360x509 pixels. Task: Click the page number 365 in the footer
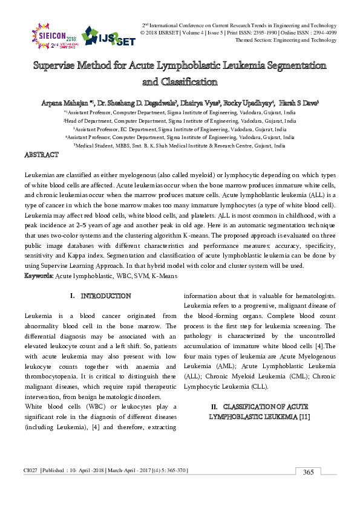(x=308, y=472)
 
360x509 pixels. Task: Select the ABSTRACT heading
(x=41, y=155)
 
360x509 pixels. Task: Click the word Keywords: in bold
(x=39, y=276)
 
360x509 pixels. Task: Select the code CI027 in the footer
(x=30, y=470)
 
